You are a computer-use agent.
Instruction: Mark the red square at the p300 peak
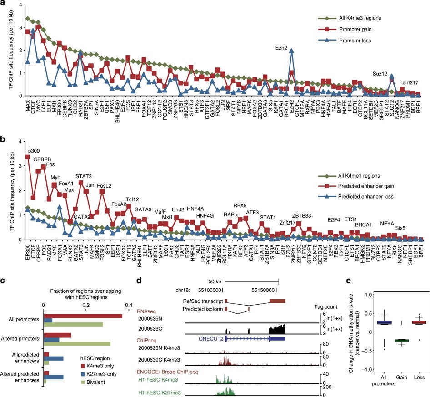tap(28, 157)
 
